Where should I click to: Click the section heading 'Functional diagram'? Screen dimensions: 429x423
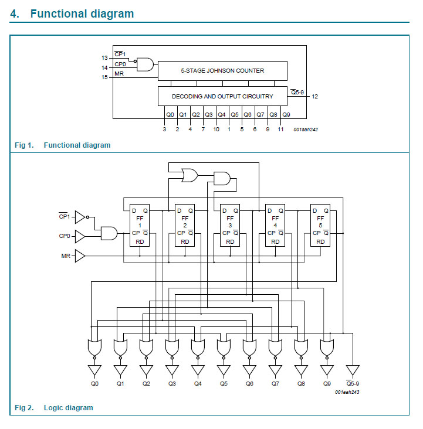[x=82, y=13]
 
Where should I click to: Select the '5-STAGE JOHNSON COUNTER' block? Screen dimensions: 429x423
[x=222, y=70]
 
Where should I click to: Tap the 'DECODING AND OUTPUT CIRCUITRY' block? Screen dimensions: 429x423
[x=222, y=96]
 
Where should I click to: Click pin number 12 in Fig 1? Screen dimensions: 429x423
[x=315, y=96]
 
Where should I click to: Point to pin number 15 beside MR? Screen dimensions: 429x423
[x=104, y=77]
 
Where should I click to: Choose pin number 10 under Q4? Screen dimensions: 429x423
[x=216, y=129]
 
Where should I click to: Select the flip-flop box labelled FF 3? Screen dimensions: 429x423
[x=229, y=226]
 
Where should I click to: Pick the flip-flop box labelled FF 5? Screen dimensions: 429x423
[x=320, y=226]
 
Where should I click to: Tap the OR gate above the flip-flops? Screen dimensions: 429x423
[x=190, y=174]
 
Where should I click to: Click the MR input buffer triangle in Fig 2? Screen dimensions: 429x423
[x=80, y=256]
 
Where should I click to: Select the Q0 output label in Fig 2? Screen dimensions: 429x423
[x=94, y=384]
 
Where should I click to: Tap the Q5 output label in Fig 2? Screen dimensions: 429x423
[x=224, y=384]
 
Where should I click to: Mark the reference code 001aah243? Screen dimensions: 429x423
[x=347, y=391]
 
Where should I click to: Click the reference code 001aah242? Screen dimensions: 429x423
[x=306, y=129]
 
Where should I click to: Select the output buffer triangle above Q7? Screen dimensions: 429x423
[x=275, y=370]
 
